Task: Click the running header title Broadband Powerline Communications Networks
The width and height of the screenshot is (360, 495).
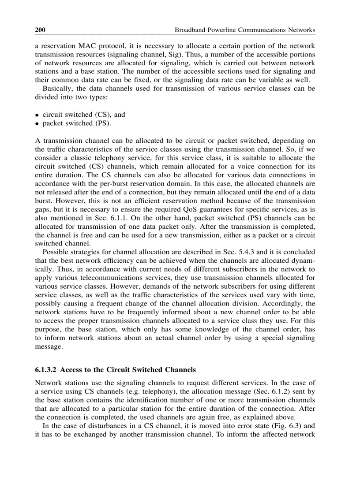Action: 245,30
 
